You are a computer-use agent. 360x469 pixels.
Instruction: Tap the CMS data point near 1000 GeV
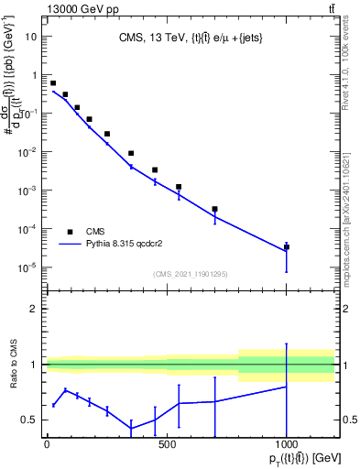pyautogui.click(x=287, y=246)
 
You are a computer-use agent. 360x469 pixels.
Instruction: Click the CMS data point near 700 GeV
pyautogui.click(x=214, y=209)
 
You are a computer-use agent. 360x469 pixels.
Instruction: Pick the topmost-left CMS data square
pyautogui.click(x=53, y=83)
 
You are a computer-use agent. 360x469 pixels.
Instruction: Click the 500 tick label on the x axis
pyautogui.click(x=167, y=443)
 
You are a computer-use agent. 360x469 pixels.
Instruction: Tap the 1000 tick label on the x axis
pyautogui.click(x=287, y=443)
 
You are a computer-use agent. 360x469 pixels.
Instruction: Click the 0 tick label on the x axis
pyautogui.click(x=47, y=443)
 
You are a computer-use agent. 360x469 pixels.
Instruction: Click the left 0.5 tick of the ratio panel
pyautogui.click(x=33, y=420)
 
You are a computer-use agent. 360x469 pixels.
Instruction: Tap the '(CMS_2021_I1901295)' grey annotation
pyautogui.click(x=191, y=274)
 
